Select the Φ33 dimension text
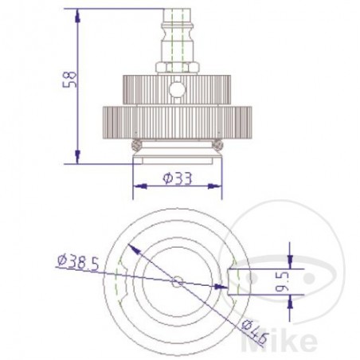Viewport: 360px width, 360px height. [x=178, y=179]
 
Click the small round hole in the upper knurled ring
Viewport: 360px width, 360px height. [x=178, y=88]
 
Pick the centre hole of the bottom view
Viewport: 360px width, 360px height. [x=178, y=281]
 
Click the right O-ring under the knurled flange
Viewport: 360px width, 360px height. [x=217, y=145]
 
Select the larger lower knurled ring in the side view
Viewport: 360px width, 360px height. [x=178, y=122]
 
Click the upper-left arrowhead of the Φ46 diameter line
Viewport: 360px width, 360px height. [x=133, y=249]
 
